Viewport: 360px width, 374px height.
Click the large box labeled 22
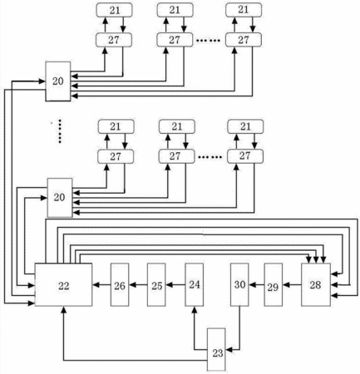[x=63, y=284]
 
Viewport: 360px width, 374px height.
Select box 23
[x=216, y=350]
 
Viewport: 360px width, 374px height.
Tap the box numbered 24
[x=194, y=284]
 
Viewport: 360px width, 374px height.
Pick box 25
[x=156, y=284]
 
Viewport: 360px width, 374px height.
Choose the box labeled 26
[x=120, y=284]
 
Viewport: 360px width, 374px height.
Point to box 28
[x=316, y=284]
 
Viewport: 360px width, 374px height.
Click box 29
[x=274, y=284]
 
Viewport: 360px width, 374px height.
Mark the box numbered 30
[x=239, y=284]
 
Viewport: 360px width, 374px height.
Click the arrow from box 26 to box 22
[x=101, y=284]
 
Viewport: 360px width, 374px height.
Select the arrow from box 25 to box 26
[x=138, y=284]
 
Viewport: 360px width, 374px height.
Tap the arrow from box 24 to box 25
[x=175, y=284]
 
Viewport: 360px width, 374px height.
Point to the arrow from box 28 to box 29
[x=292, y=284]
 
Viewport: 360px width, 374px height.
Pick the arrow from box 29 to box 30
[x=256, y=284]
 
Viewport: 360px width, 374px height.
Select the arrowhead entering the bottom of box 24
[x=195, y=309]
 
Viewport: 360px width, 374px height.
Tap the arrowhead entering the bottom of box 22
[x=63, y=309]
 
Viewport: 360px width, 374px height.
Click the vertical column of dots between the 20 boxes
[x=60, y=131]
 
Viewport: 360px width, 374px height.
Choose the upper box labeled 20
[x=58, y=81]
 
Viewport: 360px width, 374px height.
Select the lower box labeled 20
[x=60, y=198]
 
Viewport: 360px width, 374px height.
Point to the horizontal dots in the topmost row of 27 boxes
[x=209, y=41]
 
